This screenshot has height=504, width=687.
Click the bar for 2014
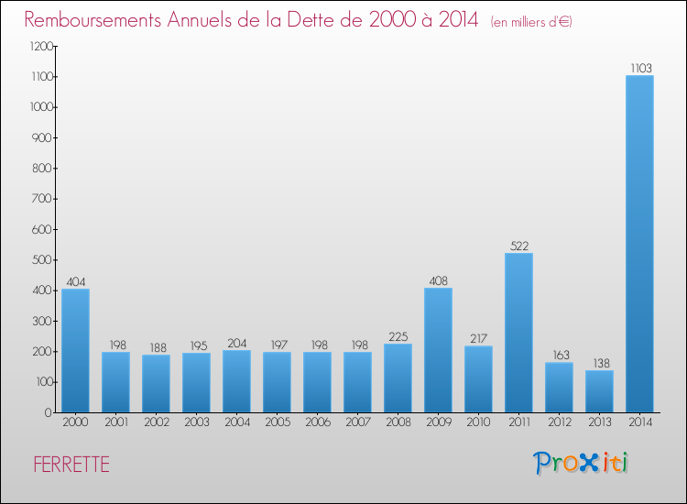pyautogui.click(x=639, y=244)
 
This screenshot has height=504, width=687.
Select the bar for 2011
pyautogui.click(x=518, y=333)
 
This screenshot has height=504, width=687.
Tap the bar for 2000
pyautogui.click(x=75, y=350)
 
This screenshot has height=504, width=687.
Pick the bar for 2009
pyautogui.click(x=438, y=350)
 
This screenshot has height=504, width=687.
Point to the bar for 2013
pyautogui.click(x=599, y=391)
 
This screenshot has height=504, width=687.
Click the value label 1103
pyautogui.click(x=639, y=68)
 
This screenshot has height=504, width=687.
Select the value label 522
pyautogui.click(x=518, y=246)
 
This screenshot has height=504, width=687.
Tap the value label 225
pyautogui.click(x=398, y=336)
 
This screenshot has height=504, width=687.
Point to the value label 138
pyautogui.click(x=599, y=363)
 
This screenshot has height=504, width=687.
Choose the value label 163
pyautogui.click(x=559, y=355)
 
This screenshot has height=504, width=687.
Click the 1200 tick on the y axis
pyautogui.click(x=40, y=47)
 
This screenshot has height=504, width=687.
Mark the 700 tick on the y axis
pyautogui.click(x=43, y=199)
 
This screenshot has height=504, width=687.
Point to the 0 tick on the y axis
pyautogui.click(x=48, y=412)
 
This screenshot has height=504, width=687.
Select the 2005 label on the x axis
pyautogui.click(x=277, y=422)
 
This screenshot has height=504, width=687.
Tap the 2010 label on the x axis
pyautogui.click(x=478, y=422)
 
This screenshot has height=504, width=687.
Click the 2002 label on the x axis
pyautogui.click(x=156, y=422)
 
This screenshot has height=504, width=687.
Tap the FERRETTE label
pyautogui.click(x=71, y=465)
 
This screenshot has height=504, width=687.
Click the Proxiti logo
pyautogui.click(x=581, y=463)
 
